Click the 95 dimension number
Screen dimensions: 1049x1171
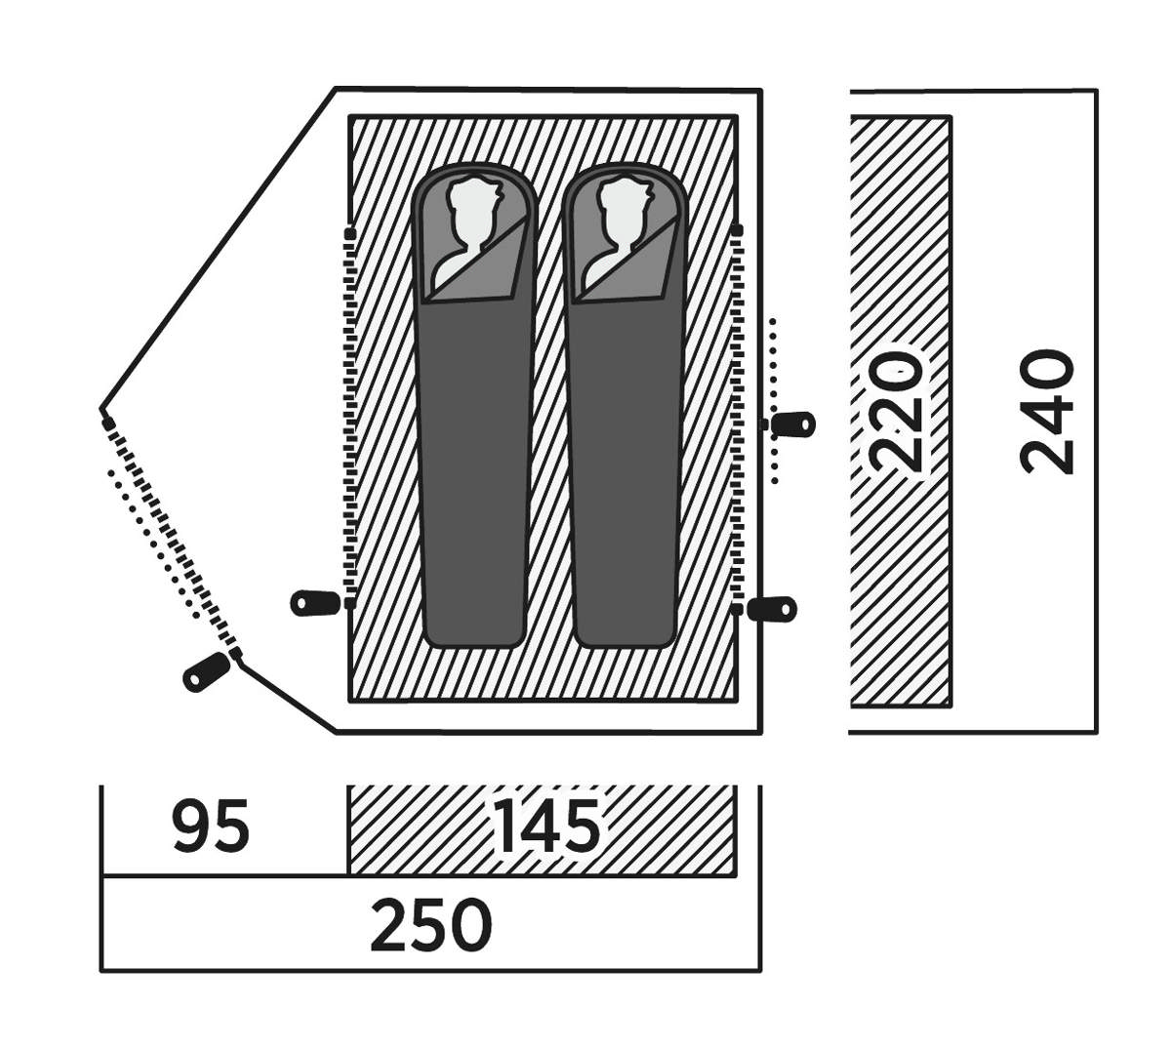coord(212,827)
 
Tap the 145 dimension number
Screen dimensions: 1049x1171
coord(546,827)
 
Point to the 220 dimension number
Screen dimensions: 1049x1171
coord(897,411)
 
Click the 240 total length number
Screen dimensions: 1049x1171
coord(1047,411)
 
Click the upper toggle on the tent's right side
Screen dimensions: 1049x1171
coord(792,424)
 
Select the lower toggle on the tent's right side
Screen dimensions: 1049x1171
coord(773,609)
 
